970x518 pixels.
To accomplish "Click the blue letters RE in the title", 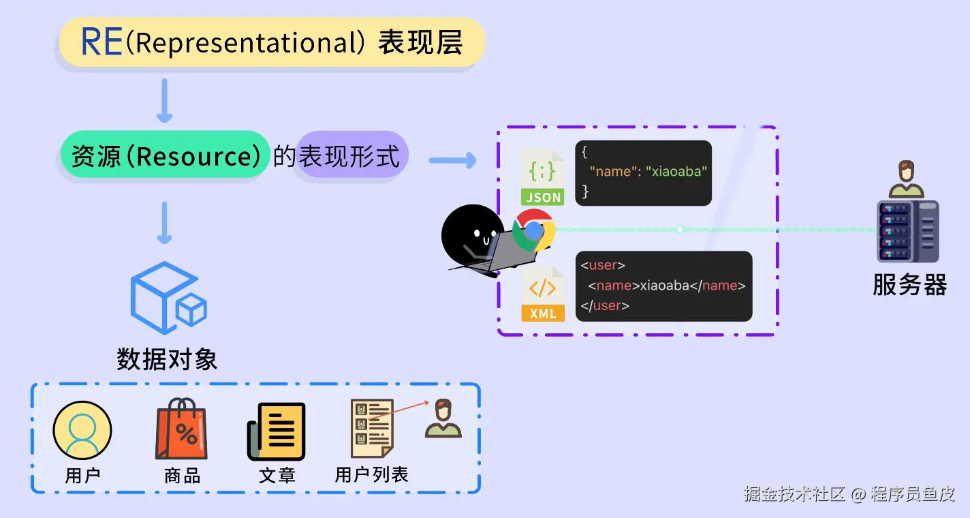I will pos(102,42).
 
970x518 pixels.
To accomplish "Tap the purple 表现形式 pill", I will pos(350,156).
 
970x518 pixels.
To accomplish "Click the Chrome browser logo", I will pos(534,230).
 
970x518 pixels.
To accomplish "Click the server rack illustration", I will pos(907,231).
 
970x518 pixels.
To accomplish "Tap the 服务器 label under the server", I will pos(909,285).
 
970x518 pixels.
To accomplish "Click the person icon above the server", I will pos(906,179).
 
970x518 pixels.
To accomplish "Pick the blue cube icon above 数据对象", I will pos(168,298).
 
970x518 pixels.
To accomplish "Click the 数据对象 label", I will pos(167,359).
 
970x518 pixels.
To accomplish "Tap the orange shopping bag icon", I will pos(182,430).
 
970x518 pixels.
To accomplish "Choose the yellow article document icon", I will pos(277,431).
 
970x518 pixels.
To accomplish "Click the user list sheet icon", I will pos(372,429).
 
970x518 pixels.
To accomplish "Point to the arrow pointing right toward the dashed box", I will pos(452,161).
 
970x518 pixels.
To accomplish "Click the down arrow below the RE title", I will pos(164,100).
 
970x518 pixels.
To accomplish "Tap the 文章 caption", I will pos(277,475).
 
